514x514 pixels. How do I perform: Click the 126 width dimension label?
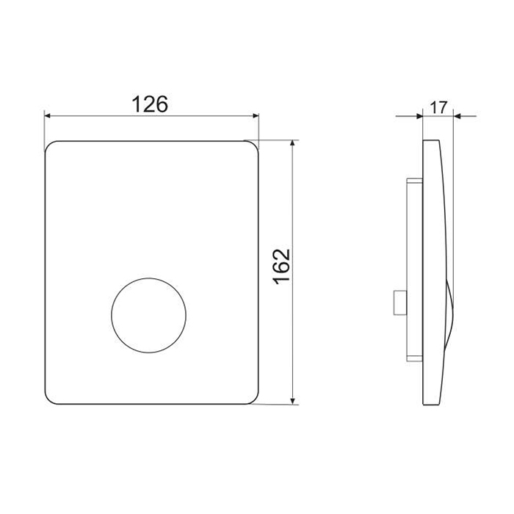click(150, 104)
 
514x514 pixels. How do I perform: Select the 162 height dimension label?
click(281, 267)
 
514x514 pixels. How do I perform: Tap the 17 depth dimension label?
click(438, 107)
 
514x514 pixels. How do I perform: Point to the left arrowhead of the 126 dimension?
click(48, 116)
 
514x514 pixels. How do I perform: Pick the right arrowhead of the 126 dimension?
click(256, 116)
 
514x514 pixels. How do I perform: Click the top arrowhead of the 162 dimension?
click(293, 144)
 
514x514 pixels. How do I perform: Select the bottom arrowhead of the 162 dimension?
click(293, 401)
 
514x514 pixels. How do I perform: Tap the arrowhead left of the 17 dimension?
click(419, 116)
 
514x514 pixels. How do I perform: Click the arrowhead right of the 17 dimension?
click(457, 116)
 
